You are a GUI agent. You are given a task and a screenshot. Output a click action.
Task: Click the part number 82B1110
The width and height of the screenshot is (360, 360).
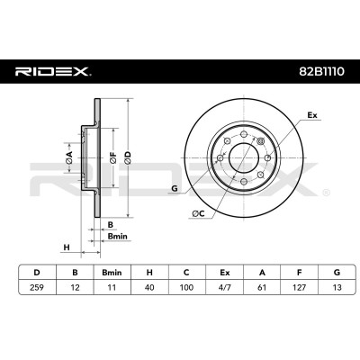click(321, 72)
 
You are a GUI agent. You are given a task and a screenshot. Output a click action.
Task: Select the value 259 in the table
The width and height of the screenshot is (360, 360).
click(37, 287)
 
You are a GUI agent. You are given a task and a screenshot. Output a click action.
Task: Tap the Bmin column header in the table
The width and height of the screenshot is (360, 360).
click(112, 273)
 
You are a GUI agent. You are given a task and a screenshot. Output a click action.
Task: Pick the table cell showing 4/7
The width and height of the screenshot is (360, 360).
click(224, 287)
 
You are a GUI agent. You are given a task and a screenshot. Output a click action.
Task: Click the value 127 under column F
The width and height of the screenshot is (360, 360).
click(299, 287)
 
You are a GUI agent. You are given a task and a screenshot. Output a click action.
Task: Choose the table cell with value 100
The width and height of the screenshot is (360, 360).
click(186, 287)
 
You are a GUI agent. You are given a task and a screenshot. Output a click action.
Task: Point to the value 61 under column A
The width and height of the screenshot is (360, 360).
click(262, 287)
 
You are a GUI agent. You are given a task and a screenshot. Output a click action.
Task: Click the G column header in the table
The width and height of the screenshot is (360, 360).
click(337, 273)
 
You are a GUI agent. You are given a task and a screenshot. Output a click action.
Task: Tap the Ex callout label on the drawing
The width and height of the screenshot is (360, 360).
click(312, 115)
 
